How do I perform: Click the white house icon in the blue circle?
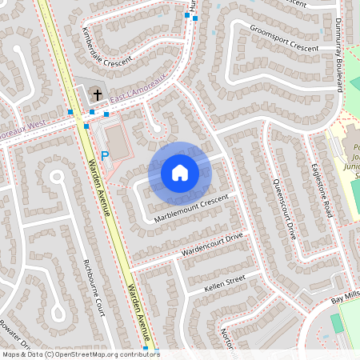(x=180, y=172)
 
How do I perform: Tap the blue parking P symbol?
(x=105, y=157)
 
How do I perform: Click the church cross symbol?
(x=97, y=94)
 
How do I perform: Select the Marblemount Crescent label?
(x=192, y=206)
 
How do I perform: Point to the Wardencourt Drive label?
(x=211, y=246)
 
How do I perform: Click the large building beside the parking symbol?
(x=118, y=142)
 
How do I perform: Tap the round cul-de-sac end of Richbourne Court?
(x=56, y=178)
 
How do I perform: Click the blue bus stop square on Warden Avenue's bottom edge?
(x=146, y=348)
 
